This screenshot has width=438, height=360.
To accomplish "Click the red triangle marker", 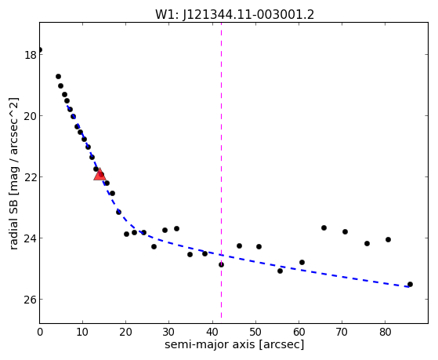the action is tap(100, 174).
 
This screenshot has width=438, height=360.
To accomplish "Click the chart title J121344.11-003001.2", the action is tap(248, 15).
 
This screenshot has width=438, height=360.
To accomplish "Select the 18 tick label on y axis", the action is tap(31, 55).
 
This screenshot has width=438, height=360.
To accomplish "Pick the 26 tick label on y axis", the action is tap(31, 300).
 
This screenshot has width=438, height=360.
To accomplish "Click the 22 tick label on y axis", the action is tap(31, 177).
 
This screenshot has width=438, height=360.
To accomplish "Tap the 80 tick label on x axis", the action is tap(385, 332).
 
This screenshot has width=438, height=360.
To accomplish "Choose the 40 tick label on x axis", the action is tap(212, 332).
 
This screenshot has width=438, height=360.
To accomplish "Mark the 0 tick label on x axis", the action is tap(40, 332).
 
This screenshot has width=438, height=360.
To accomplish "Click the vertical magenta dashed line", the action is tap(221, 170).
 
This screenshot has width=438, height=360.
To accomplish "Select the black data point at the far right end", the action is tap(410, 284).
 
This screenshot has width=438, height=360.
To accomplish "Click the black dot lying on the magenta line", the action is tap(221, 264).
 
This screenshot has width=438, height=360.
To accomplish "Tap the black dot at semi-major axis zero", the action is tap(40, 50).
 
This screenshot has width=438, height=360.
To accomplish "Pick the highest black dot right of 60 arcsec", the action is tap(324, 227).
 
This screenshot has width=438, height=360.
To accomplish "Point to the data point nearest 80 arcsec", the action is tap(388, 239).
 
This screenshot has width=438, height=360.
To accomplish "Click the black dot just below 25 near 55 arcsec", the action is tap(280, 271).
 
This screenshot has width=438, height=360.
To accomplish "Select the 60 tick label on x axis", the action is tap(299, 332).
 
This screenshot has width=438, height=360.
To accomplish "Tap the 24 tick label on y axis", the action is tap(31, 238).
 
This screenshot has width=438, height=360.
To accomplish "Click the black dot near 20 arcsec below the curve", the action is tap(126, 234).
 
